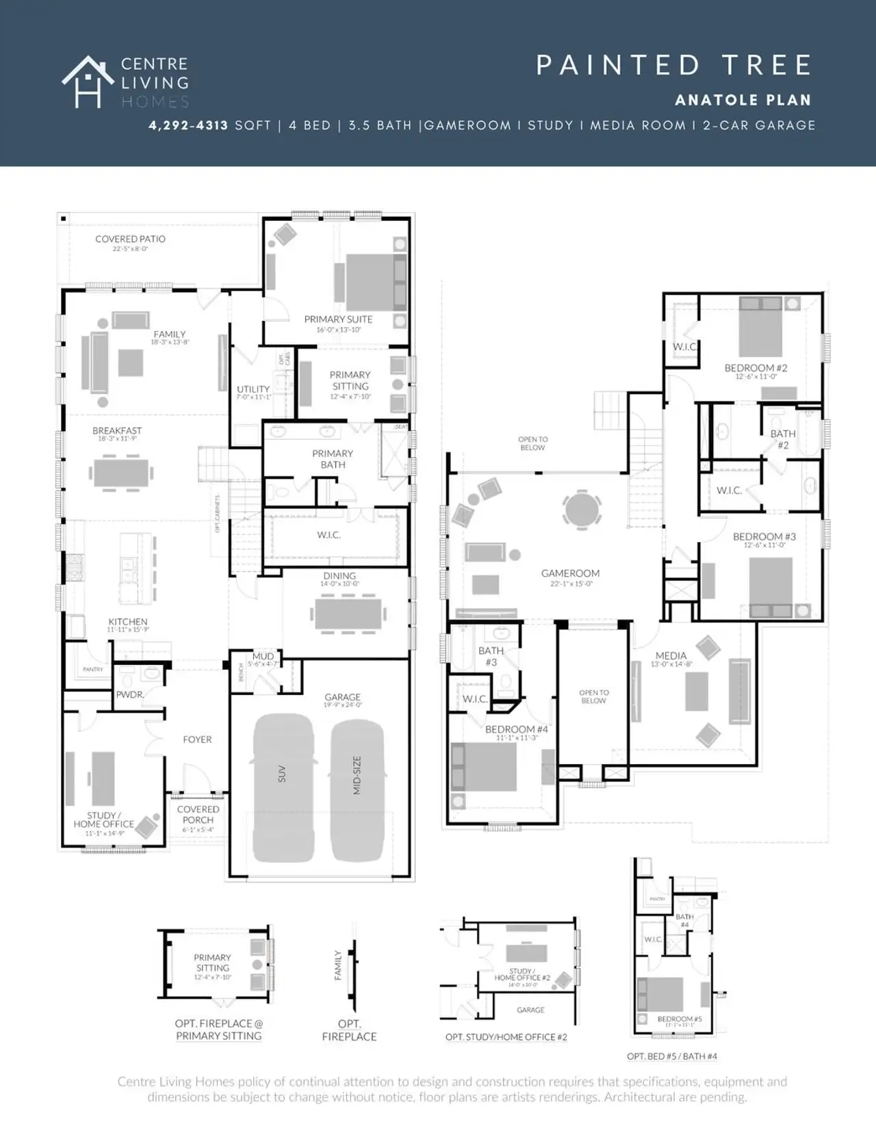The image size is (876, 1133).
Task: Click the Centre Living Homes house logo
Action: point(88,82)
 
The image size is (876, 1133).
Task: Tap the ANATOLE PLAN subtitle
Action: point(743,100)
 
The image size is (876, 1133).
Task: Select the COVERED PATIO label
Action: point(130,239)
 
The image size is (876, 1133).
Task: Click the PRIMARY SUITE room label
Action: point(338,320)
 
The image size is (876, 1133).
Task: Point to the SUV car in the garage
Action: point(283,787)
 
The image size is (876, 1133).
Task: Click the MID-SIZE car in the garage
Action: point(357,787)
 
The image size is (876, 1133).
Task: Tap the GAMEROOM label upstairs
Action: point(570,573)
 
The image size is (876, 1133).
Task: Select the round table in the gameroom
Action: point(582,509)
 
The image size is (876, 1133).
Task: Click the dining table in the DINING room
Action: point(348,614)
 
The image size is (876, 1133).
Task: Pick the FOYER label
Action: point(197,740)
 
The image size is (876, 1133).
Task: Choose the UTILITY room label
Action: point(253,389)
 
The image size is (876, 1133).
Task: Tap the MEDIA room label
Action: point(671,655)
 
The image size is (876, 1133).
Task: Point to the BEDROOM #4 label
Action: point(516,729)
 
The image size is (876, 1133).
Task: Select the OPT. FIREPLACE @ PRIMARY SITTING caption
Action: point(218,1030)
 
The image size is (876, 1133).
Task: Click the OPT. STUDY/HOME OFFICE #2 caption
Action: point(506,1037)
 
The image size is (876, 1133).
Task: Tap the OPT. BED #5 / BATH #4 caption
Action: point(671,1056)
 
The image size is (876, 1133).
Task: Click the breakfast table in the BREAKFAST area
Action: point(120,472)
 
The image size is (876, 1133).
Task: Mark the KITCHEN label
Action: point(127,622)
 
